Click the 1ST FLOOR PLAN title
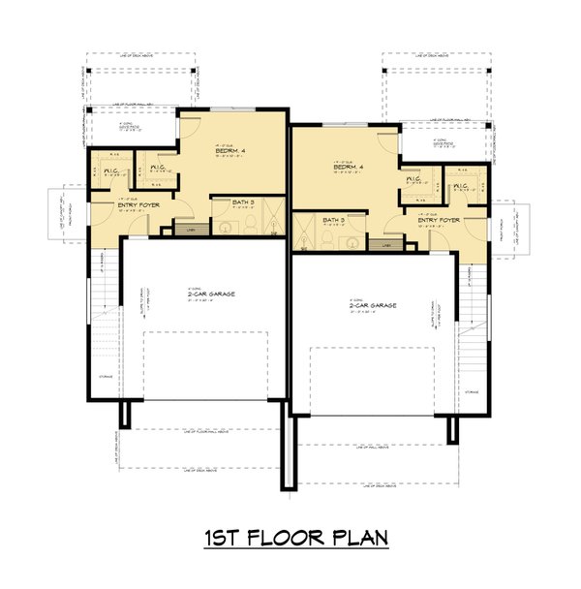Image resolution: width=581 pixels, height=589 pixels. [290, 538]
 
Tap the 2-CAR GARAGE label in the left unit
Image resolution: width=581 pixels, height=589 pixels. [205, 294]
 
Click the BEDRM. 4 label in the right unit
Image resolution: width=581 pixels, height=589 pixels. [349, 168]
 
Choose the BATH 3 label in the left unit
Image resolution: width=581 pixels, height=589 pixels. [243, 203]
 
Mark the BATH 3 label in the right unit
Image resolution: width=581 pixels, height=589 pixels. [335, 220]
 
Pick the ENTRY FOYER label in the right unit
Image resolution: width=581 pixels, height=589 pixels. [439, 221]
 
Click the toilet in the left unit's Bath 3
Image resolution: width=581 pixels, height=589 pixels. [248, 225]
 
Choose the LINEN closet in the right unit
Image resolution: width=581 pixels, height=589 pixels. [387, 246]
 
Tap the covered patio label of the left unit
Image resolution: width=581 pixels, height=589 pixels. [130, 126]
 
